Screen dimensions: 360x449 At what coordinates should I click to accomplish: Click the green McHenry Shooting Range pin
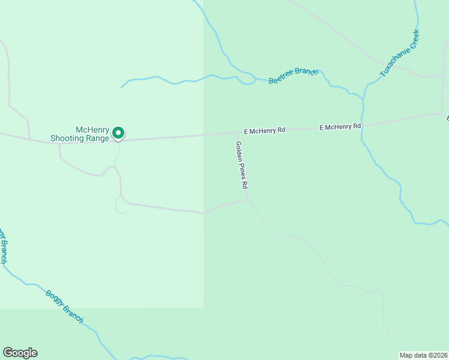(119, 133)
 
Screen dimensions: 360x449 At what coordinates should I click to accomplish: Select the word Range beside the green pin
(98, 139)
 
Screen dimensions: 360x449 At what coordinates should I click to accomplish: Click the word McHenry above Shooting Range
(92, 130)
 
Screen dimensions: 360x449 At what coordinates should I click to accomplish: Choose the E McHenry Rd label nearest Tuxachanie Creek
(340, 127)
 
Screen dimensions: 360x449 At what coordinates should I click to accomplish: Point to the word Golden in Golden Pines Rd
(240, 152)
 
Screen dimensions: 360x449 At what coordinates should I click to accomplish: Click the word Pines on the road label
(243, 172)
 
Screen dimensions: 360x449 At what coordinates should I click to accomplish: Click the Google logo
(20, 353)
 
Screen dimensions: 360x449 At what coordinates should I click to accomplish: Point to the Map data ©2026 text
(423, 355)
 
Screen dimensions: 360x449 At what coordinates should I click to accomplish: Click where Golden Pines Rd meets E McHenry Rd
(234, 134)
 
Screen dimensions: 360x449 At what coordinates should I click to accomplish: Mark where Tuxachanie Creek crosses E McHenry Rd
(363, 125)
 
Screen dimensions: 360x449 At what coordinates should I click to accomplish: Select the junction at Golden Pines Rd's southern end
(248, 197)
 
